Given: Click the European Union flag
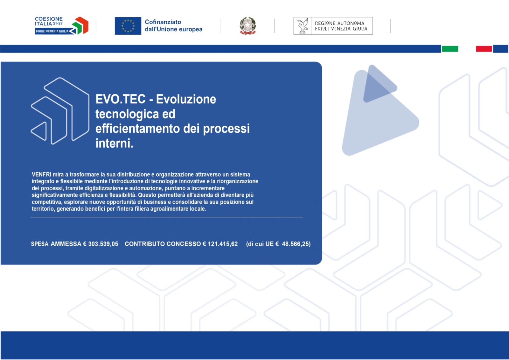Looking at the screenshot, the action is coord(128,26).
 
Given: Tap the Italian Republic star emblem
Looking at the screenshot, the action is coord(248,26).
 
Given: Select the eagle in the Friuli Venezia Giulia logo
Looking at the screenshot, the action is coord(302,26).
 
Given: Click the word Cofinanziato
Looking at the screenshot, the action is coord(163,22).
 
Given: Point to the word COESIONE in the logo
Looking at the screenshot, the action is coord(49,19).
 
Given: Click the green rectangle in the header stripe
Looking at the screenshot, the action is coord(450,49).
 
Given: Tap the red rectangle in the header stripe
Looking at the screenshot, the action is coord(484,49).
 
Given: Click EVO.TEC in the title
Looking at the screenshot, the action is coord(121,99).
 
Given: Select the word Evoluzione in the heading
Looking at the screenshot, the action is coord(186,99).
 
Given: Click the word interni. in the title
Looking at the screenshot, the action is coord(114,143).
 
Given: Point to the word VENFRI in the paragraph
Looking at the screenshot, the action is coord(41,174).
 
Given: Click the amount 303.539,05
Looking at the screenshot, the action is coord(103,244).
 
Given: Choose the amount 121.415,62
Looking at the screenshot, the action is coord(223,244).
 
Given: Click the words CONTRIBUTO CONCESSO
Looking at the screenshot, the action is coord(163,244).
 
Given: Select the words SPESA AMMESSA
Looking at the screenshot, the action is coord(56,244).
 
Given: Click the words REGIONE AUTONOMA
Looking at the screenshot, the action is coord(339,23).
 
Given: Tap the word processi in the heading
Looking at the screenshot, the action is coord(226,129).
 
